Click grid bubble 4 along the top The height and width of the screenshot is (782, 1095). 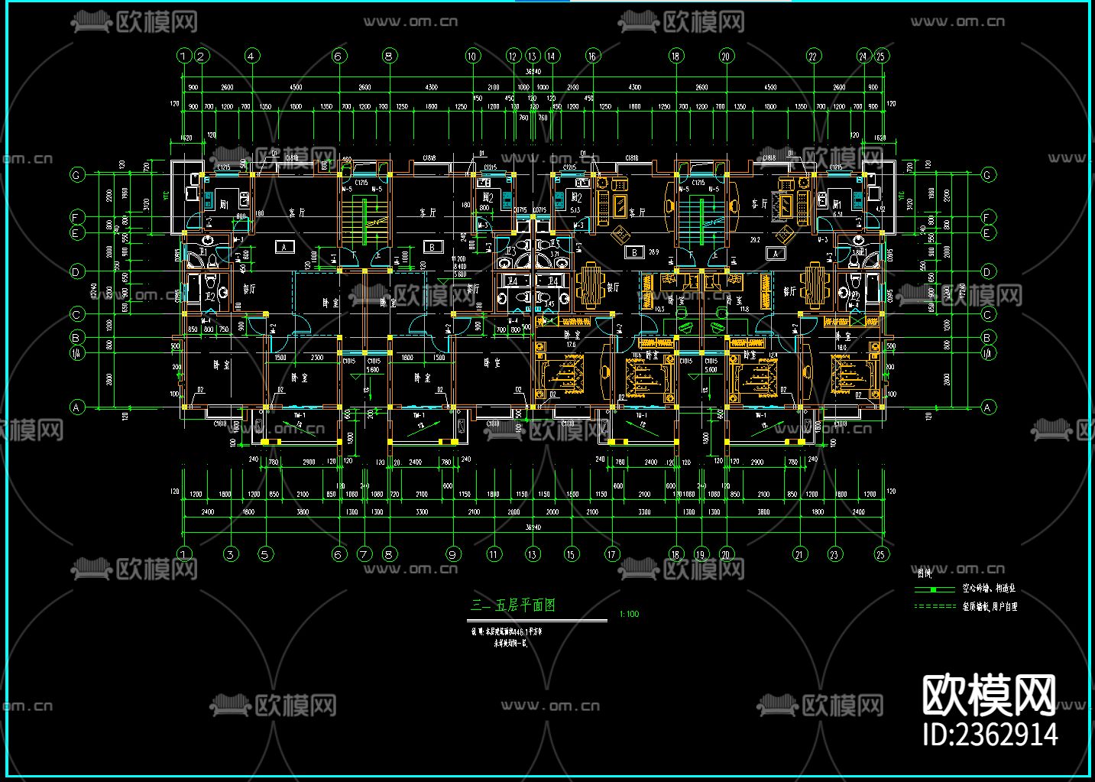[251, 56]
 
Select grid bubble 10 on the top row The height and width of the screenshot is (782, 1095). [471, 56]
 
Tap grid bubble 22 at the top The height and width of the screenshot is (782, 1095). [813, 56]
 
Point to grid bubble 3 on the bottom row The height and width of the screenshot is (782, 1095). [231, 554]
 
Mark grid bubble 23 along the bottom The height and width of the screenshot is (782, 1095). [834, 554]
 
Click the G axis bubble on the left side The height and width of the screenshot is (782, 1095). [76, 175]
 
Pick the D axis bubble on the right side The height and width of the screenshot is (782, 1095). [987, 271]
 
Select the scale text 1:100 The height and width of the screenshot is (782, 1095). [629, 614]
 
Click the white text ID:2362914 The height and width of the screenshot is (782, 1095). [990, 734]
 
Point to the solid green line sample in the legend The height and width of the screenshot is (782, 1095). [935, 589]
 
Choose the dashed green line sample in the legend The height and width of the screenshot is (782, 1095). [935, 606]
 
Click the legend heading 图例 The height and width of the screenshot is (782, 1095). [924, 573]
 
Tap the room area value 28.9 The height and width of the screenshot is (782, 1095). [653, 251]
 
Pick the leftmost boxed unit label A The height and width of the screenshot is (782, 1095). [284, 247]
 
